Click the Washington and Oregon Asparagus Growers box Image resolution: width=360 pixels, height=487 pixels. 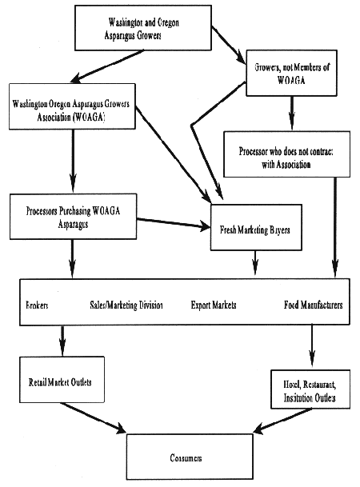pos(143,28)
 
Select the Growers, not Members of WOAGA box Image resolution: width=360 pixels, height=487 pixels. pos(291,73)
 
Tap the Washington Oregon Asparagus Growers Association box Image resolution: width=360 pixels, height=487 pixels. pos(72,106)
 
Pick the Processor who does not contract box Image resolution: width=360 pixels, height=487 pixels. pos(286,154)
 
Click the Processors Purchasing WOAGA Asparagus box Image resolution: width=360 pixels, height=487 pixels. pos(73,217)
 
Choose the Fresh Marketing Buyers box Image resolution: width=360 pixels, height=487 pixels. pos(256,227)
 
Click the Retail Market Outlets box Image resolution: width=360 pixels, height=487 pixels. pos(62,379)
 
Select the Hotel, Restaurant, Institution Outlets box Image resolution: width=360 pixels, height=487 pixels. pos(310,389)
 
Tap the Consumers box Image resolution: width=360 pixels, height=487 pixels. pos(190,457)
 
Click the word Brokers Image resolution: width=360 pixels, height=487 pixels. pos(37,305)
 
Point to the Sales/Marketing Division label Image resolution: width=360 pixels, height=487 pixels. pos(126,305)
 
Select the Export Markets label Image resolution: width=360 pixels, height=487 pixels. pos(214,305)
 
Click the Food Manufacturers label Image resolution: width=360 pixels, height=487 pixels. pos(313,305)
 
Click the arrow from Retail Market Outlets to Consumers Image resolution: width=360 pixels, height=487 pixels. pos(93,417)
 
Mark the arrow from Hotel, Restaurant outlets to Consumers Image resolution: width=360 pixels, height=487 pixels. pos(282,420)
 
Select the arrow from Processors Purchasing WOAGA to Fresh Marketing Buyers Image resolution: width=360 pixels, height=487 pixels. pos(174,223)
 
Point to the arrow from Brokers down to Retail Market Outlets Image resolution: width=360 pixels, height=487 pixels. pos(62,341)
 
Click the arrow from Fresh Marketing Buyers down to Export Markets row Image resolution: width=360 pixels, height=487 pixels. pos(255,263)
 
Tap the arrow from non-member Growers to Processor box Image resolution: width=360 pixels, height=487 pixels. pos(291,113)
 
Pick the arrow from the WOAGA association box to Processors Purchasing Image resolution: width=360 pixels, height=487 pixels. pos(73,161)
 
